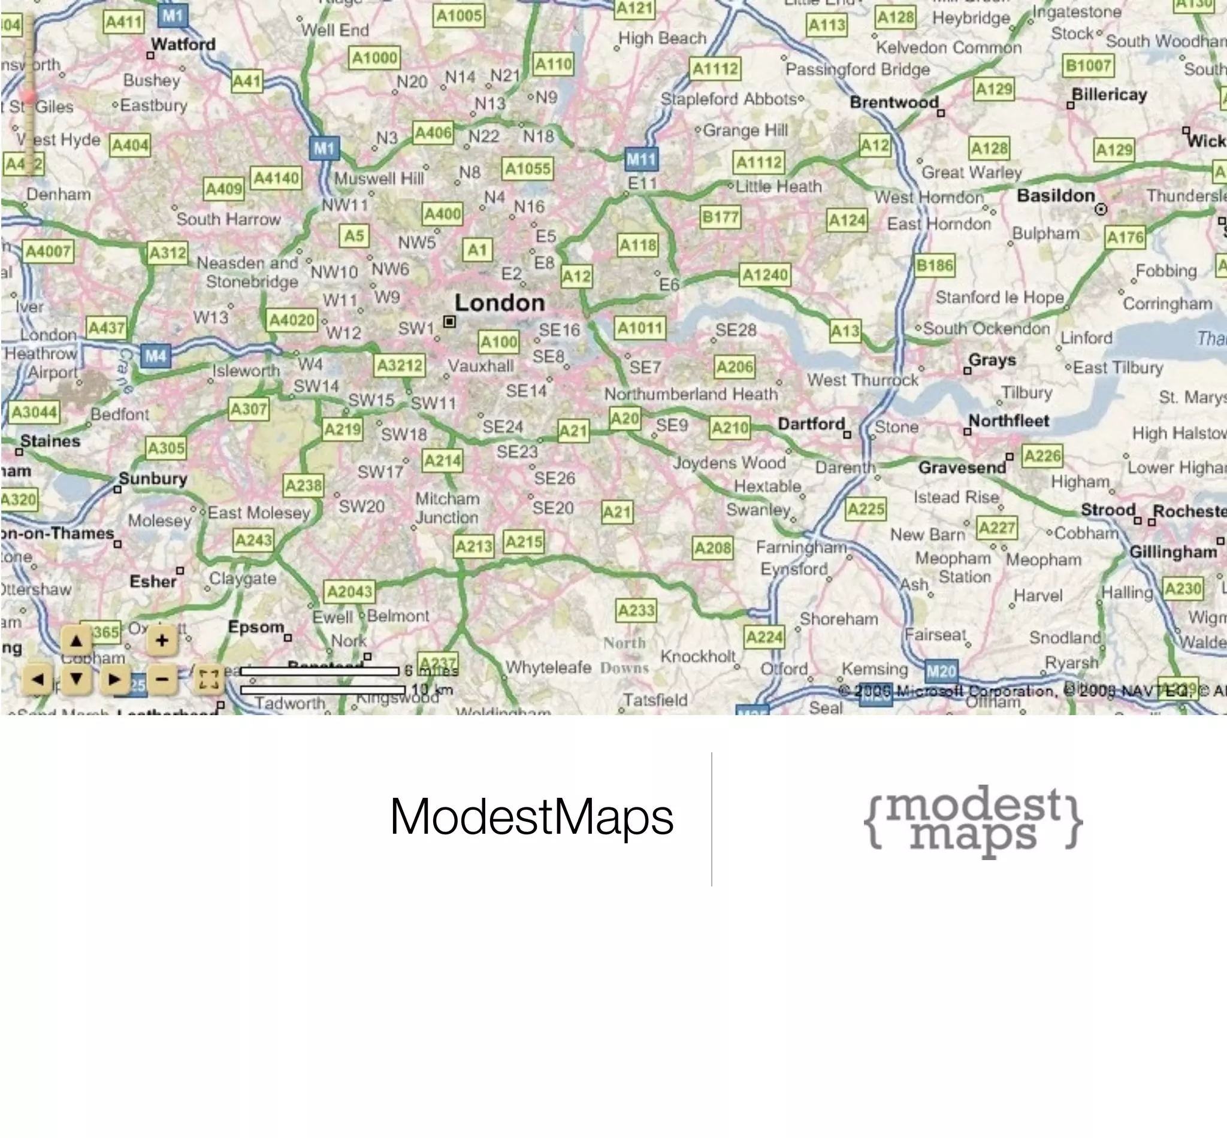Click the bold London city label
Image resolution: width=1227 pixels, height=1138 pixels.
point(500,303)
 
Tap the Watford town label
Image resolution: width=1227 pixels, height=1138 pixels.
point(183,44)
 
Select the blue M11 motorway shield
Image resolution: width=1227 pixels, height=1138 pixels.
point(641,160)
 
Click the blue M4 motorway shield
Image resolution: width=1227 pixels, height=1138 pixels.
point(155,356)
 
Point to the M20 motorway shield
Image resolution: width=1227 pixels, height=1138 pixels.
point(941,671)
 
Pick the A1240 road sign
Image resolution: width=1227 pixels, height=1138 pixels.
point(765,275)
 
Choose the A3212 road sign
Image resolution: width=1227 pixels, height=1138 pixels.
point(400,366)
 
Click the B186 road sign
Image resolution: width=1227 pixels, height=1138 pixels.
point(935,265)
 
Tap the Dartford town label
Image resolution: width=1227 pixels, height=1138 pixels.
point(811,423)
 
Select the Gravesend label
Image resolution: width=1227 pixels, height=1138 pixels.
point(962,468)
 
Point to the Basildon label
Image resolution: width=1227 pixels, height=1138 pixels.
point(1056,196)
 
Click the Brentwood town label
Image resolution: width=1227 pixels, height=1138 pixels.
point(894,102)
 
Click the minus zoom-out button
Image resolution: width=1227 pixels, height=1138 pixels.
point(162,679)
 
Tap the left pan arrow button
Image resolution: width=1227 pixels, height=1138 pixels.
point(38,680)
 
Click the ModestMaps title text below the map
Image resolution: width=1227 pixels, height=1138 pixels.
point(531,817)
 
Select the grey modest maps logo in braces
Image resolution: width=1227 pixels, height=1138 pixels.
point(972,822)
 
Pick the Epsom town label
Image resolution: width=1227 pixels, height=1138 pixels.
point(256,628)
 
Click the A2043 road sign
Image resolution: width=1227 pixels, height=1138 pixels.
point(350,592)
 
